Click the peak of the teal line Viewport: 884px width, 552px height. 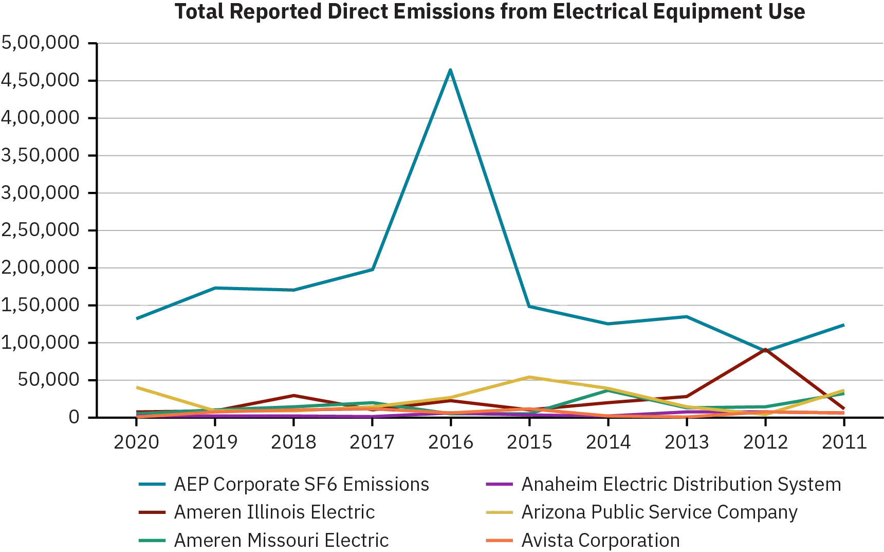tap(450, 68)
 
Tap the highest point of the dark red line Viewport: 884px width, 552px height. tap(765, 349)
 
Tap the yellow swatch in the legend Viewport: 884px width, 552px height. tap(500, 512)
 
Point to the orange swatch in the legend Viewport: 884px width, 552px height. tap(500, 540)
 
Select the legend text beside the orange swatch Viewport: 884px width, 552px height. tap(601, 540)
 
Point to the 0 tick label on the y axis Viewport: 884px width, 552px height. tap(75, 417)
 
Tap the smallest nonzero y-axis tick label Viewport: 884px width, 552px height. tap(49, 380)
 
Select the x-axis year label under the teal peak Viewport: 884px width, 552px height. tap(450, 441)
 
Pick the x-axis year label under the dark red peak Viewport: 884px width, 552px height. tap(765, 441)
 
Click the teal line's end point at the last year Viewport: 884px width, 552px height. tap(844, 325)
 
